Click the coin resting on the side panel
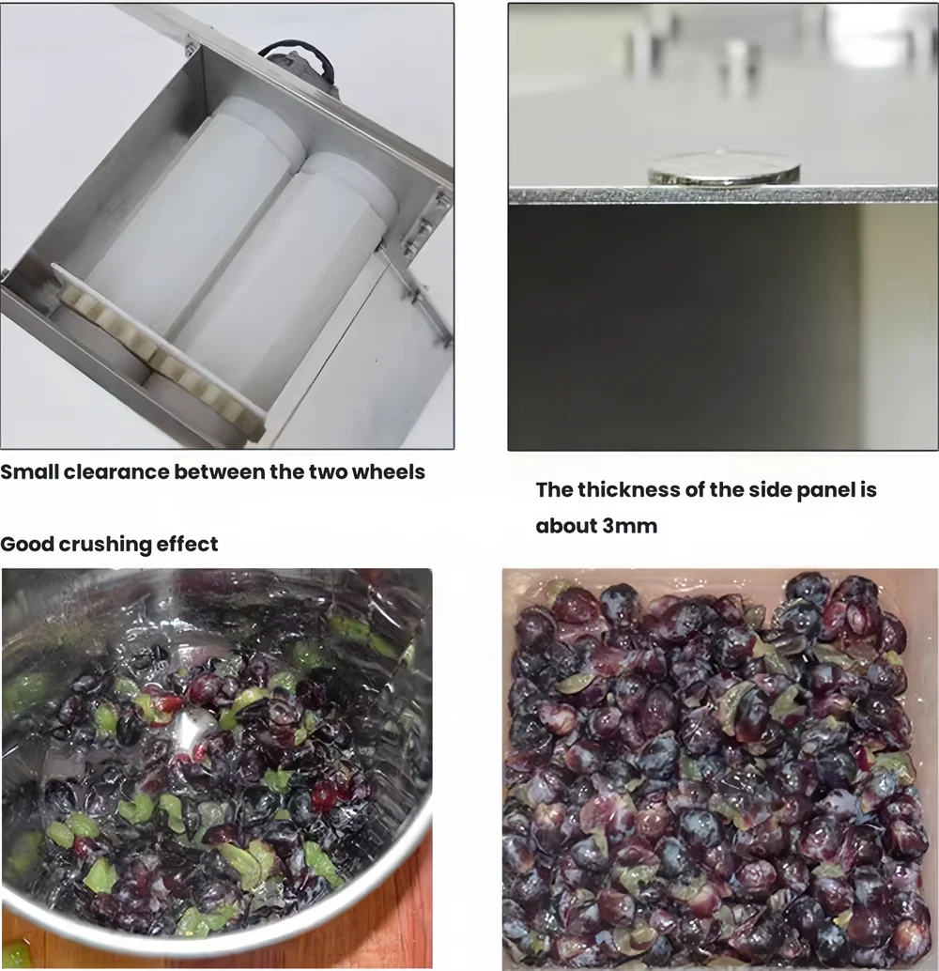click(723, 169)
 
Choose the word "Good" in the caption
click(24, 544)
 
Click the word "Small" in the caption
click(29, 471)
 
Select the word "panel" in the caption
click(816, 489)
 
